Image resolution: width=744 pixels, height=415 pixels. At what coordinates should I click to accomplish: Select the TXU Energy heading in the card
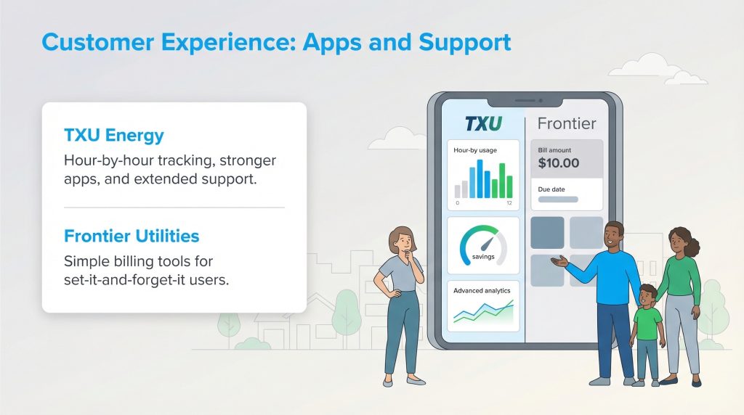tap(113, 136)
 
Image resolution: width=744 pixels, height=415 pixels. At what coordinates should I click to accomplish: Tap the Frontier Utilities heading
tap(132, 237)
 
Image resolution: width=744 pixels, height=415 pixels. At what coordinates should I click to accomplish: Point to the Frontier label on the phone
tap(566, 123)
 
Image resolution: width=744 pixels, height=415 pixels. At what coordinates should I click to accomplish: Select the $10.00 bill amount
tap(559, 163)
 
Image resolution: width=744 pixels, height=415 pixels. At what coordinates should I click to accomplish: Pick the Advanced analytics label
tap(482, 291)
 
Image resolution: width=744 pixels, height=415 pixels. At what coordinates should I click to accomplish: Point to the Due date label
tap(552, 189)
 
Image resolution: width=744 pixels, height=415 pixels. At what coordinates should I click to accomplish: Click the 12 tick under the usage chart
tap(509, 203)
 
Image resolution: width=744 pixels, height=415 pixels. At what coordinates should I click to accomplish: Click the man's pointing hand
tap(558, 262)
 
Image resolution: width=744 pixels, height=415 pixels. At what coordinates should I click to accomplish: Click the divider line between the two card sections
tap(174, 207)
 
